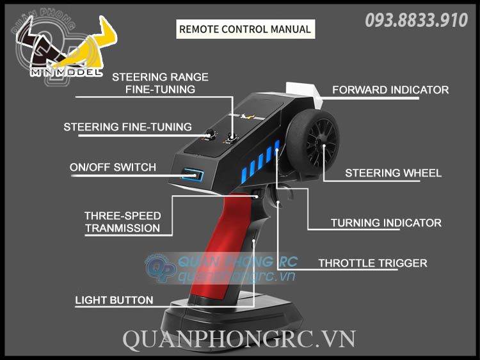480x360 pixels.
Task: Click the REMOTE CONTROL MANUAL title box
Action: [244, 29]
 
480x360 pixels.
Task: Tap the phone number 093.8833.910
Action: [416, 20]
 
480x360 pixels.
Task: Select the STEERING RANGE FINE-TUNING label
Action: [160, 83]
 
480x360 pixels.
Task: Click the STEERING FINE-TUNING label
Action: [127, 127]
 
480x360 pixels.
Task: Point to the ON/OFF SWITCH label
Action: [113, 168]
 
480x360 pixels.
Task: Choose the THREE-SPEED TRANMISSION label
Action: [122, 222]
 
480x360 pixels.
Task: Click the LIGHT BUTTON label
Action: [114, 300]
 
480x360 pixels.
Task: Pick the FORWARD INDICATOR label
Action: [390, 90]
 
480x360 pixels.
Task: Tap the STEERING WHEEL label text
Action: [393, 173]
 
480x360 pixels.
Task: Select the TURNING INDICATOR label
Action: [386, 223]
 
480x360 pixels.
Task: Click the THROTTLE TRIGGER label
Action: [372, 263]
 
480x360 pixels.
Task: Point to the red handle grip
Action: [221, 256]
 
